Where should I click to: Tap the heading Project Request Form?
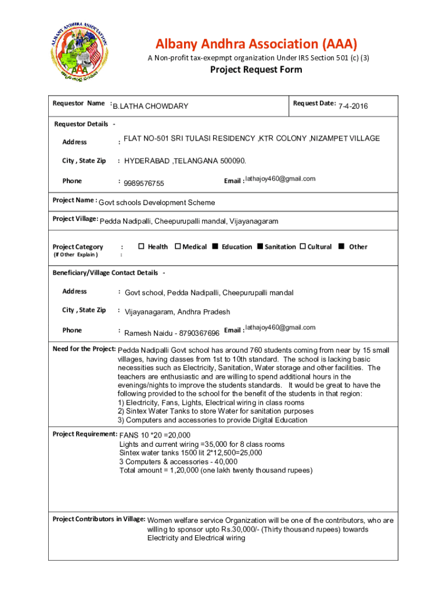point(256,70)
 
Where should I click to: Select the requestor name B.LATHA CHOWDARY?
point(150,106)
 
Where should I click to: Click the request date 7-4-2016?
point(353,106)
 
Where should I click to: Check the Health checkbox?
point(141,246)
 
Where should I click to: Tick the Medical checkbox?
point(178,246)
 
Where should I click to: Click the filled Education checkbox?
point(215,246)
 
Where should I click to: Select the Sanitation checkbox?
point(260,246)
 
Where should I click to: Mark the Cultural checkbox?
point(302,246)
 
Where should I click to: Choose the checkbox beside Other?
point(342,246)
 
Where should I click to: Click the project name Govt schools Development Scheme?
point(157,203)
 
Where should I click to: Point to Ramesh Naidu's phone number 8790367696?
point(199,334)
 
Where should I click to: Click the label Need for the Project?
point(84,349)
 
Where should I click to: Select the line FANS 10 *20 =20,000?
point(154,435)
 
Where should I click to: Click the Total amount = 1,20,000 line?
point(215,470)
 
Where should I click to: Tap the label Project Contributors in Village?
point(99,519)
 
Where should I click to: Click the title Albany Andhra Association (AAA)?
point(256,44)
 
